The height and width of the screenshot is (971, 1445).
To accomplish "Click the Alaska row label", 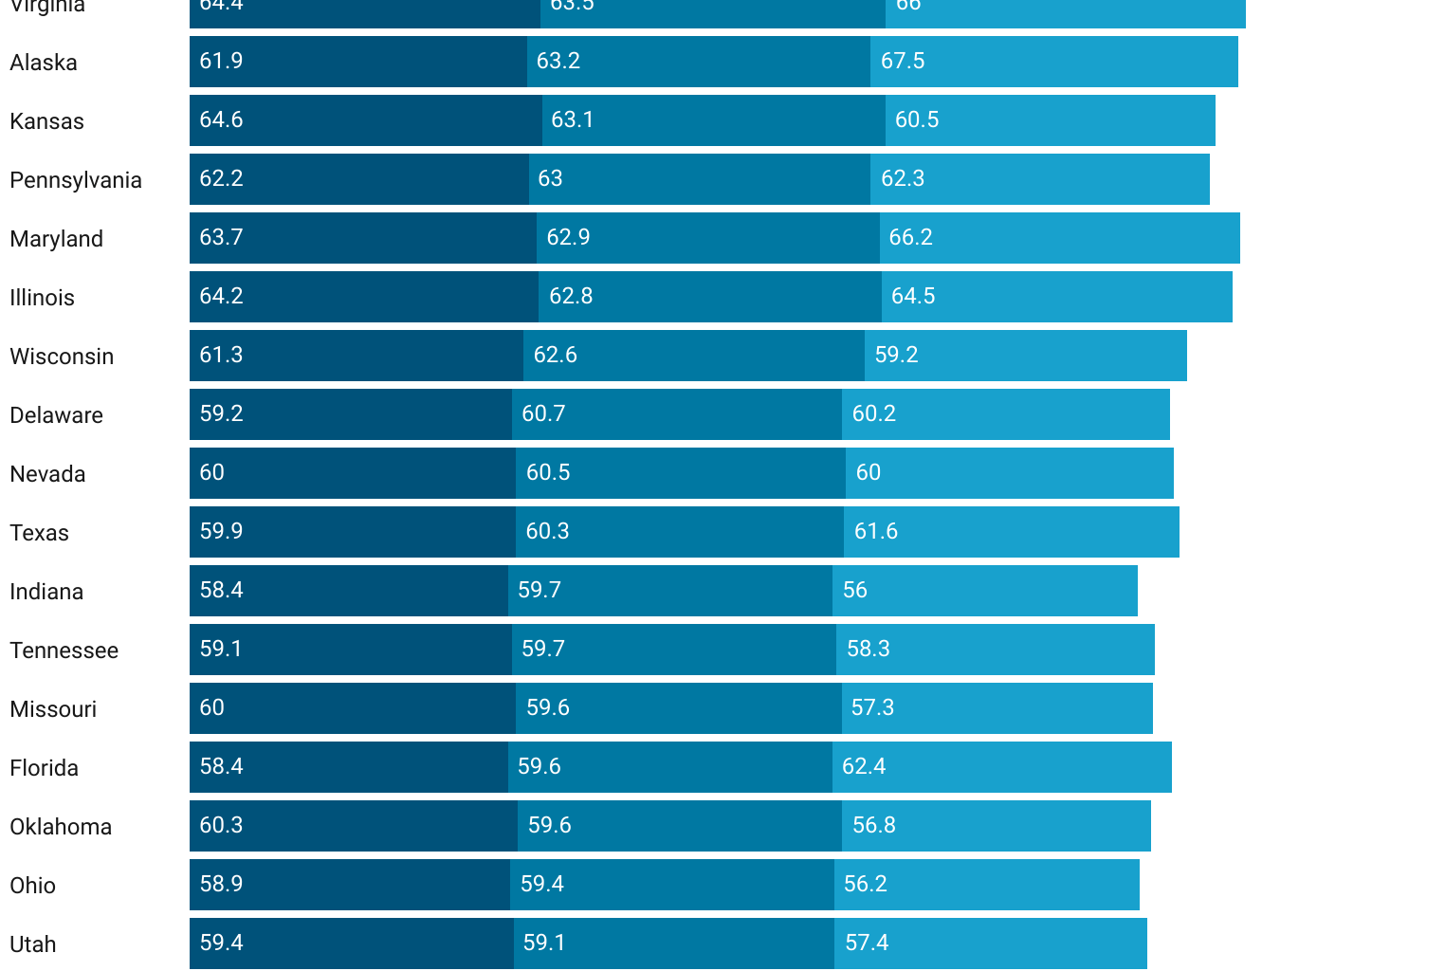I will (x=44, y=63).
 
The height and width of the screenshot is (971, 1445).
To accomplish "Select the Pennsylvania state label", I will (x=76, y=180).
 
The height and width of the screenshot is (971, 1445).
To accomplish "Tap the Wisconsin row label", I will (x=62, y=357).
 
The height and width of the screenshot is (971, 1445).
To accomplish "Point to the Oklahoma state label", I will (x=61, y=827).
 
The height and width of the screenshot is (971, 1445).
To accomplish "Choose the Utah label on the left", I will (x=33, y=944).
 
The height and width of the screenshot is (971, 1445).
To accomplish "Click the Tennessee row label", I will (x=64, y=650).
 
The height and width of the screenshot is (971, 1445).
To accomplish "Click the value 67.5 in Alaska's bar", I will (x=902, y=62).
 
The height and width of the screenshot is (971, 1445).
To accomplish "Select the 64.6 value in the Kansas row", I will (x=221, y=120).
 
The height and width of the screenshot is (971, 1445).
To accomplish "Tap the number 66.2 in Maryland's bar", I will (x=910, y=238).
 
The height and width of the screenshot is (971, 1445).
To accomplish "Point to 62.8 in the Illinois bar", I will (x=571, y=297).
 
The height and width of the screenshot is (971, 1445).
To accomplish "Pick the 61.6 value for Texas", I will (x=875, y=532).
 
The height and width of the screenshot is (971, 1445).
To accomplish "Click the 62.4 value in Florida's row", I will (x=863, y=767).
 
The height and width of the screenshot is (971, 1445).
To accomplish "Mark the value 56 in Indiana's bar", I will (x=854, y=591).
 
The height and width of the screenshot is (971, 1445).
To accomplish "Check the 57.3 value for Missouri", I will (x=872, y=708).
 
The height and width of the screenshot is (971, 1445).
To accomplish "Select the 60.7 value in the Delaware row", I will (x=543, y=414).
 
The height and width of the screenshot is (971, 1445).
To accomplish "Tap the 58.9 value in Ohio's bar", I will (x=221, y=885).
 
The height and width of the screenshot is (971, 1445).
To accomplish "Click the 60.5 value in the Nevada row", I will (x=548, y=473).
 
